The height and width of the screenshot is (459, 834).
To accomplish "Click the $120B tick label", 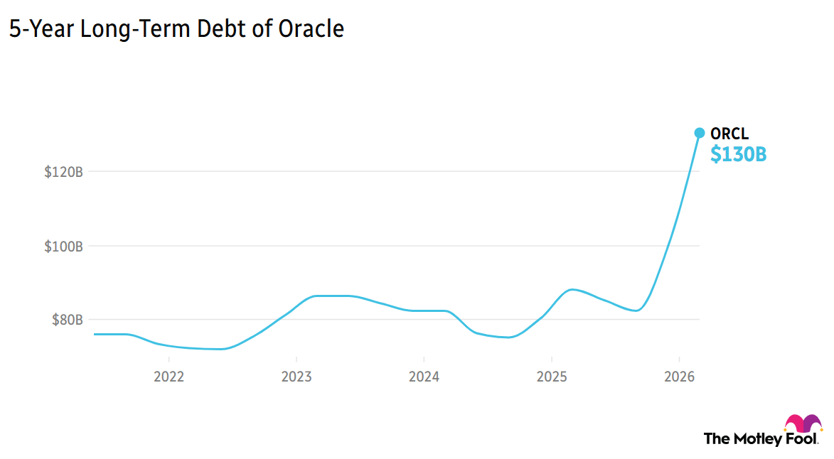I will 63,172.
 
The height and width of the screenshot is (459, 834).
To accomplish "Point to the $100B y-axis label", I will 63,247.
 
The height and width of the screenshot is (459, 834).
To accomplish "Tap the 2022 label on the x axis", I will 169,377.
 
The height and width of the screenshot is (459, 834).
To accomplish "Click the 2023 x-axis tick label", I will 296,377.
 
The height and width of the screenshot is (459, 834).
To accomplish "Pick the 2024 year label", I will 424,377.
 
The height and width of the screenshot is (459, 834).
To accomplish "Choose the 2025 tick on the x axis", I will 552,377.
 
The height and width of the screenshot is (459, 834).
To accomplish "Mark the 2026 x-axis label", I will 679,377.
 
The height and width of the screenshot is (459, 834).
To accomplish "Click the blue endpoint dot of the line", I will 699,133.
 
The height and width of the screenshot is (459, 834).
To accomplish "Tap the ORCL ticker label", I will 729,134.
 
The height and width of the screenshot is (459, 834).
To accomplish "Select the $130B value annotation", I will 738,154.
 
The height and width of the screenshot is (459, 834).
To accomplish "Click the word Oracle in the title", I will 311,28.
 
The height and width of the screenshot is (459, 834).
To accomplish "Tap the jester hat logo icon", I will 803,423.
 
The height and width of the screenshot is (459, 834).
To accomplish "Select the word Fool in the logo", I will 800,439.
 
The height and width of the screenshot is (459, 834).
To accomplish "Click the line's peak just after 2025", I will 573,289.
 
